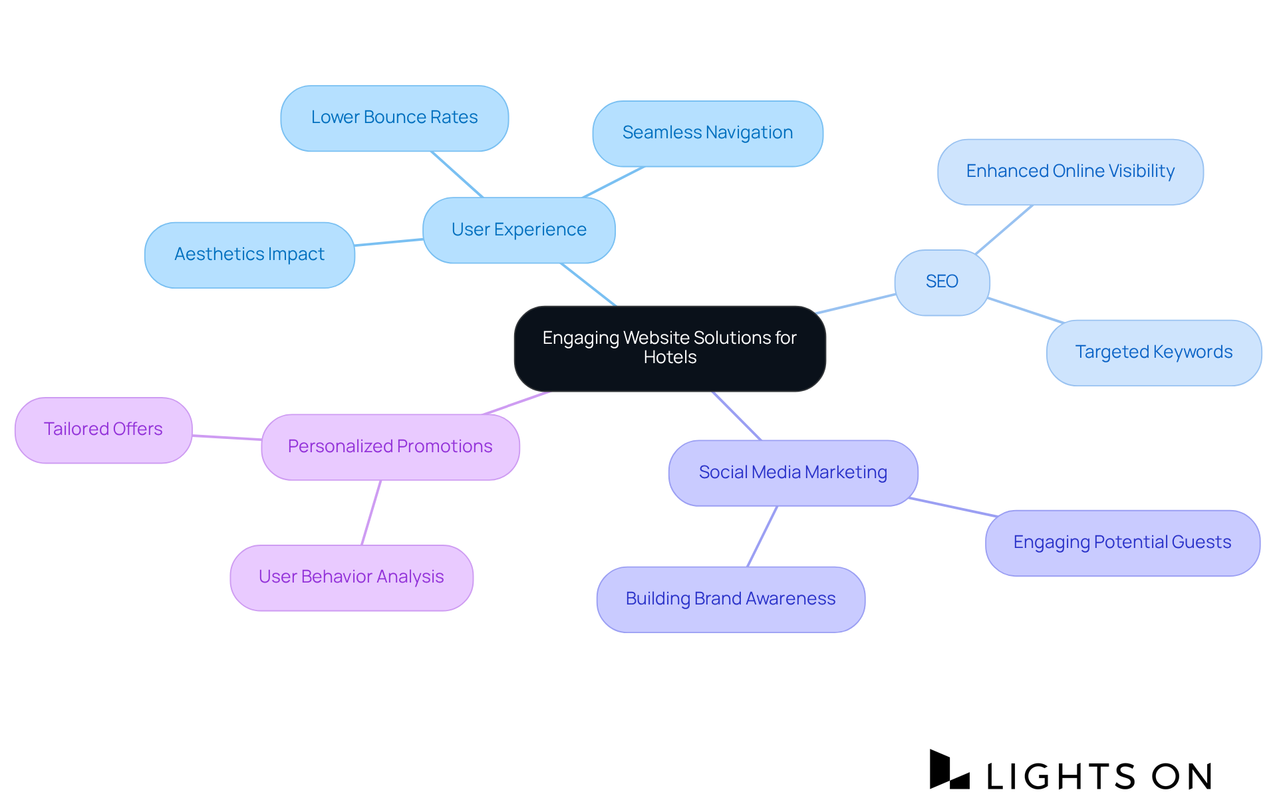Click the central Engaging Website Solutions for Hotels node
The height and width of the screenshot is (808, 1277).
(x=670, y=348)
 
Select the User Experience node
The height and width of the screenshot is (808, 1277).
(x=519, y=229)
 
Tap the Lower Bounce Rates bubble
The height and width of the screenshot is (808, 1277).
(x=394, y=118)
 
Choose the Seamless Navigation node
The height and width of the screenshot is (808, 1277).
(x=708, y=133)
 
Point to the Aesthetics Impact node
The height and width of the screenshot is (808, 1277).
(x=249, y=255)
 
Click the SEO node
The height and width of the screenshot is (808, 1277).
(x=942, y=282)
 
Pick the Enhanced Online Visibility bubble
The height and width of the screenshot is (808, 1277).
(x=1070, y=172)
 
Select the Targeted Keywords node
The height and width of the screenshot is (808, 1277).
(x=1154, y=352)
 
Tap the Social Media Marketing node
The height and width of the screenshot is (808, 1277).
(x=793, y=473)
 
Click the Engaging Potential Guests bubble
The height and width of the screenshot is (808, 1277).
(x=1122, y=543)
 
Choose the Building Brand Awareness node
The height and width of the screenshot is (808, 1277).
(x=730, y=599)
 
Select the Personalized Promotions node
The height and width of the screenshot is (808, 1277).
(x=390, y=447)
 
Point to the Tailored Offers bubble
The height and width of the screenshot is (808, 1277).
(x=103, y=430)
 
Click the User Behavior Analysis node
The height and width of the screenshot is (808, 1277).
(x=351, y=577)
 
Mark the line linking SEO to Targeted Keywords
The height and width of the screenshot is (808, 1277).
(x=1026, y=311)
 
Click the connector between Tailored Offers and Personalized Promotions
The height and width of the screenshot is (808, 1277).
(x=227, y=438)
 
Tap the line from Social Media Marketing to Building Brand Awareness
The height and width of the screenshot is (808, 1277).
(x=762, y=536)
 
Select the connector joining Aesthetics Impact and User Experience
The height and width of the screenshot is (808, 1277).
(x=388, y=242)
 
